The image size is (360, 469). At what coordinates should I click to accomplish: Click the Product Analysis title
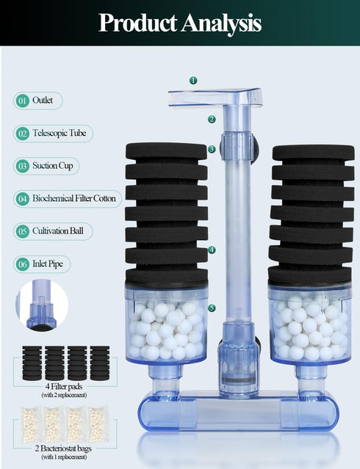coord(180,23)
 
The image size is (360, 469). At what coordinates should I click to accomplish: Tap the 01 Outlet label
coord(38,101)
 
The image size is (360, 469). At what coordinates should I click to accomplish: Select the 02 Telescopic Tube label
coord(53,134)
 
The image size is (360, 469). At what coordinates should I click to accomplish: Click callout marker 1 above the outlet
coord(193,80)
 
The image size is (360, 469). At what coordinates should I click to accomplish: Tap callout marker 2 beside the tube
coord(212,119)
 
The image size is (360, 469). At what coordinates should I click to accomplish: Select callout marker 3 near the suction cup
coord(212,149)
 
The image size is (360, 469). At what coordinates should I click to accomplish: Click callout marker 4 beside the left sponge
coord(212,250)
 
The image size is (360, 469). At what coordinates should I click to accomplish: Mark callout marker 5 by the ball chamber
coord(212,308)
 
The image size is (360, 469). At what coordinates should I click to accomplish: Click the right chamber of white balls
coord(309,326)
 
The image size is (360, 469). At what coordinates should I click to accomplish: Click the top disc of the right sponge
coord(313,152)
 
